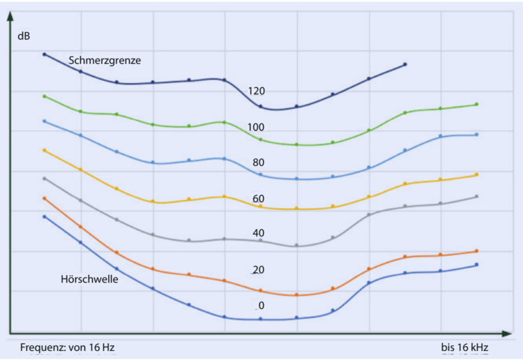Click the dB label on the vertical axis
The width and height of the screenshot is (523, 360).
pos(24,34)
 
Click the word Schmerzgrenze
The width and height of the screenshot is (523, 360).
pos(105,60)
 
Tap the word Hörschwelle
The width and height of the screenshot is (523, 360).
pos(89,279)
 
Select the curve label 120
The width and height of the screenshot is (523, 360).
pos(256,91)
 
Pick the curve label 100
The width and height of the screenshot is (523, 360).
pos(256,128)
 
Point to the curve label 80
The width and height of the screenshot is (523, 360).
pos(258,163)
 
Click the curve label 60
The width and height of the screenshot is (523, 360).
pos(258,199)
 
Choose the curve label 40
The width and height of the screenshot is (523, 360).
pos(258,233)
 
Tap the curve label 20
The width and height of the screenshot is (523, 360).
pos(258,270)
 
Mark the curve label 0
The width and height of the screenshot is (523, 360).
pos(261,306)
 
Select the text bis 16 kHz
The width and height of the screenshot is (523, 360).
pos(464,347)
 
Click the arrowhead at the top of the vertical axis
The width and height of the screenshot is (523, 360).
pos(10,33)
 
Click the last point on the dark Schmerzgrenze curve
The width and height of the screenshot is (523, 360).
pos(405,64)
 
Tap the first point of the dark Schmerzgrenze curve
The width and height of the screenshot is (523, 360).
pos(45,54)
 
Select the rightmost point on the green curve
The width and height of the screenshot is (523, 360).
pos(476,105)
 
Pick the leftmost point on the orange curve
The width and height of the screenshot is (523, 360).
pos(45,198)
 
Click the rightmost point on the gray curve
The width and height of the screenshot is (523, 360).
pos(476,197)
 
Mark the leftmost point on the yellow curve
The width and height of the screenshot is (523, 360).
pos(45,150)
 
